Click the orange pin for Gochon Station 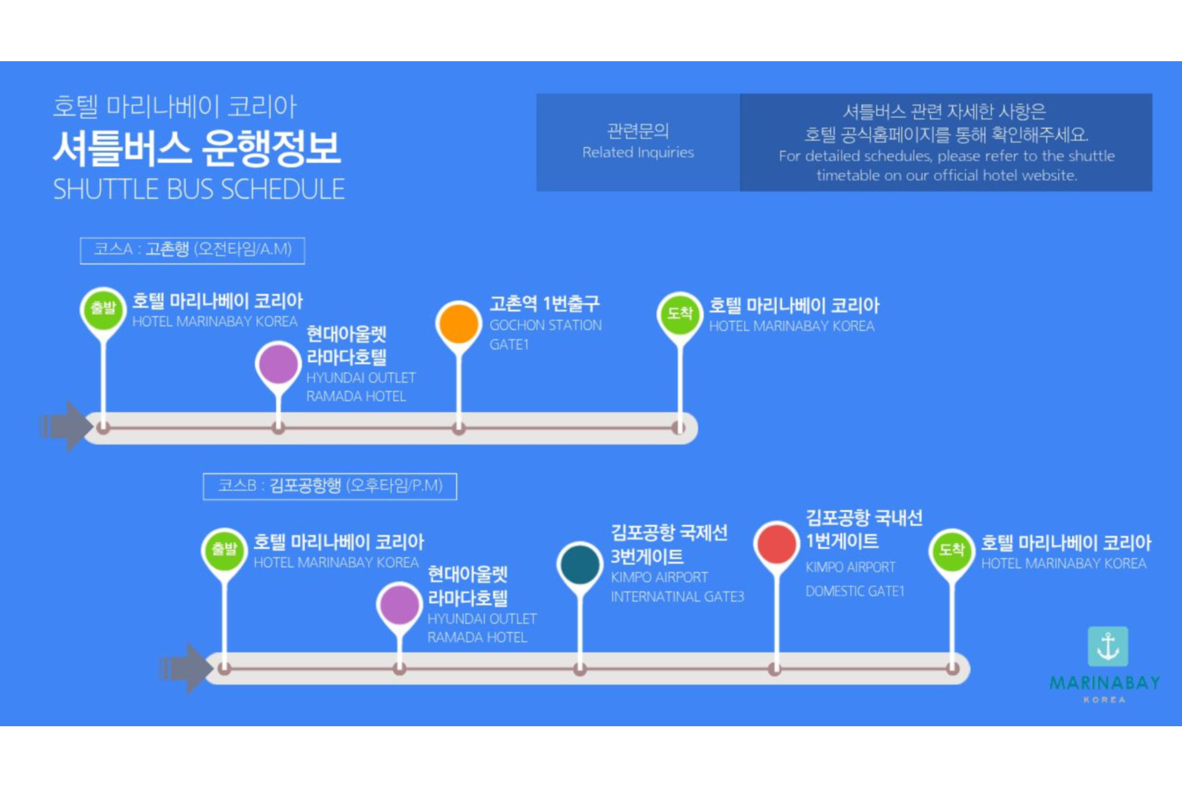(x=459, y=323)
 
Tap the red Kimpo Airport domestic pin (x=776, y=543)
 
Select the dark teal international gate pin (x=580, y=564)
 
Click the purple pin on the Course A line (x=278, y=364)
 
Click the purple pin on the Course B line (x=399, y=604)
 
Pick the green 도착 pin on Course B (x=952, y=550)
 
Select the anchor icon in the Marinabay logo (x=1108, y=647)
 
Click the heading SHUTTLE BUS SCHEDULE (x=199, y=189)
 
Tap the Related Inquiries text (x=638, y=152)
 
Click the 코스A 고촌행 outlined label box (x=192, y=250)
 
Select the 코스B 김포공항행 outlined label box (x=330, y=486)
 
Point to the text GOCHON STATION (x=545, y=326)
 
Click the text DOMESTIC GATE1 (x=855, y=591)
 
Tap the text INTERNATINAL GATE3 (x=678, y=596)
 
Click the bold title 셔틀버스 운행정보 (x=197, y=148)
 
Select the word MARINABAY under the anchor (x=1104, y=684)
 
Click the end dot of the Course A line (x=679, y=428)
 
